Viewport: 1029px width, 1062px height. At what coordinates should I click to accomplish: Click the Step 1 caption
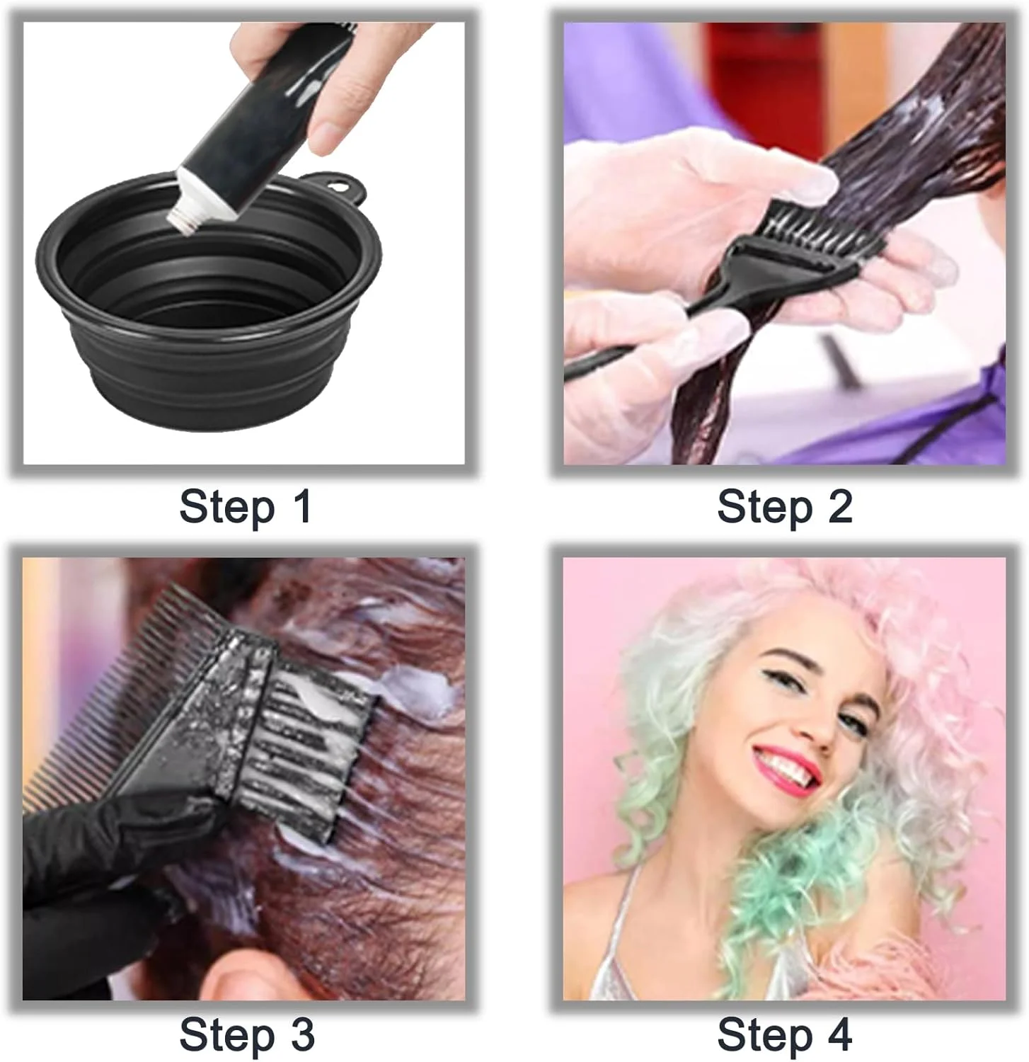pyautogui.click(x=246, y=508)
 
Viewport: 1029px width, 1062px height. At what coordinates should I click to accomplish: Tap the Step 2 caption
pyautogui.click(x=785, y=508)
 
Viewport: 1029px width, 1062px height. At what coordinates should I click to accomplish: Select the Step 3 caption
pyautogui.click(x=247, y=1035)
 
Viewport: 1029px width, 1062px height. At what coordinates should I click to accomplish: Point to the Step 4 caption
pyautogui.click(x=785, y=1035)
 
